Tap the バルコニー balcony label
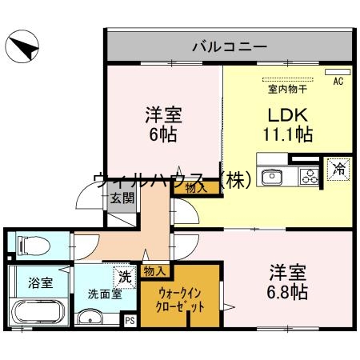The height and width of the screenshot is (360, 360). [x=229, y=46]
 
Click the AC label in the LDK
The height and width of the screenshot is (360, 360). [x=336, y=81]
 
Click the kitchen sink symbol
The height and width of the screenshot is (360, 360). [x=272, y=176]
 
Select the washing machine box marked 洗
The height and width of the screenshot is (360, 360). [x=124, y=277]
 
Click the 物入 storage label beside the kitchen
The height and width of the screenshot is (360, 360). [x=195, y=188]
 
